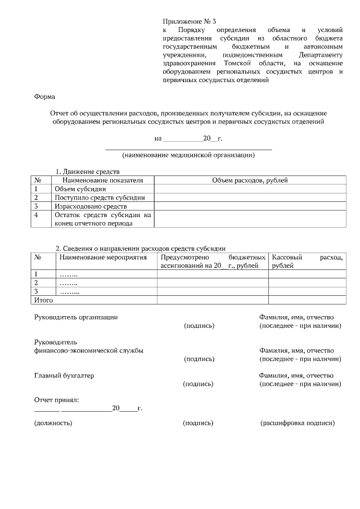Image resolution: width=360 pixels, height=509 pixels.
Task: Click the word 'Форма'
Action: pos(44,96)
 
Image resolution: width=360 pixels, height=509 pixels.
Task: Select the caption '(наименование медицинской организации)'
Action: pos(188,155)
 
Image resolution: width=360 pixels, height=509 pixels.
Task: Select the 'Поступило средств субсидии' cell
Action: pos(100,197)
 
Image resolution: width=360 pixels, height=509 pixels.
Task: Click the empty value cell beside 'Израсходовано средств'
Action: pos(249,206)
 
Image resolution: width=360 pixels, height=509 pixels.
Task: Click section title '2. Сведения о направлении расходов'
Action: pos(140,248)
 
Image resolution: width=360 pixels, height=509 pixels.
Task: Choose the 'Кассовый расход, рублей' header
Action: pos(307,261)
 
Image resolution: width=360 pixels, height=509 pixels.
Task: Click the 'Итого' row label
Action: pos(43,300)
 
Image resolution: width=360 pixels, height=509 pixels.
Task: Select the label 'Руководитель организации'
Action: pos(76,317)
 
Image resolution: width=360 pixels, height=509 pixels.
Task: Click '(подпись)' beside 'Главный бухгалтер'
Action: pos(199,384)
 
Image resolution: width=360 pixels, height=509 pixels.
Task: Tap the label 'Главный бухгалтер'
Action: pos(64,376)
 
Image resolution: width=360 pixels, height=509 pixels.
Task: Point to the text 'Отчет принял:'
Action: pos(56,400)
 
